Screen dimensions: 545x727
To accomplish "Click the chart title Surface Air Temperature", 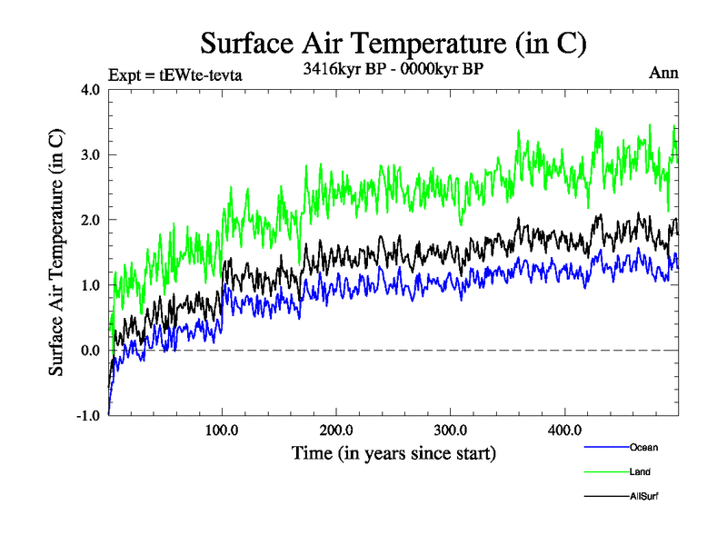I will click(x=393, y=43).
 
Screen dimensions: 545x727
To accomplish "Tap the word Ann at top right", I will click(x=663, y=73).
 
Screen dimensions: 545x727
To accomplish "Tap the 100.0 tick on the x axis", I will click(x=223, y=430).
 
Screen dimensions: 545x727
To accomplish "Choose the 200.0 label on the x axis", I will click(x=336, y=430).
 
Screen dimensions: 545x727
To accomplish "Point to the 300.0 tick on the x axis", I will click(x=451, y=430).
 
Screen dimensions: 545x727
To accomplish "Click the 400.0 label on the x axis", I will click(x=564, y=430).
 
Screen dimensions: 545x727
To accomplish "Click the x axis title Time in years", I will click(x=393, y=452).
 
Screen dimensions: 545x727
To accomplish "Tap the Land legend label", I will click(x=640, y=471).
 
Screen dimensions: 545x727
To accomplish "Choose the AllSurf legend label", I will click(x=643, y=496).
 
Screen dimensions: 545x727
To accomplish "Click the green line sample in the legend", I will click(x=605, y=471).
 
